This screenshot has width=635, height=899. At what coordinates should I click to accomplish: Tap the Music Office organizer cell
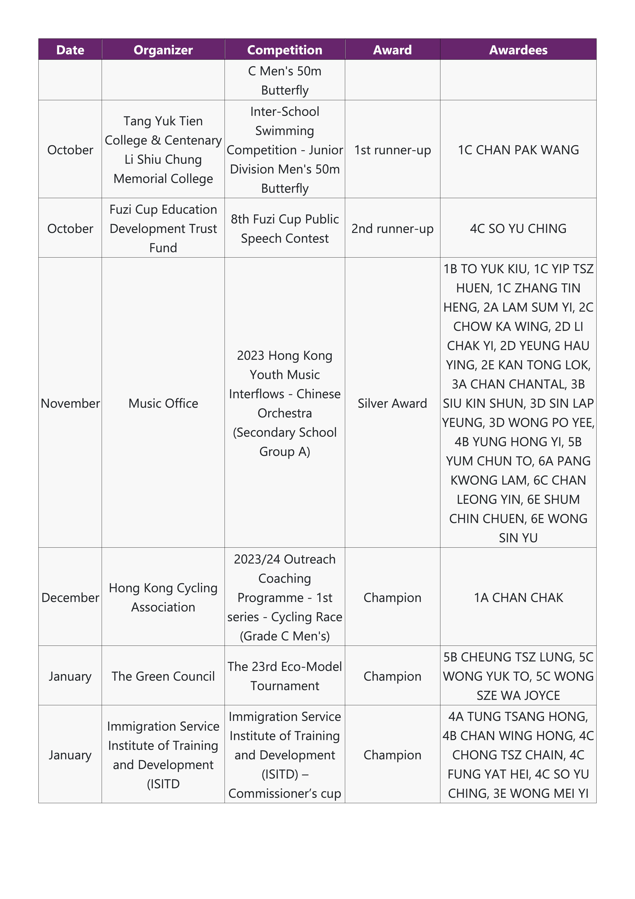[x=163, y=403]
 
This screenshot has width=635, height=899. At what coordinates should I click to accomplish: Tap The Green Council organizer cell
[x=163, y=676]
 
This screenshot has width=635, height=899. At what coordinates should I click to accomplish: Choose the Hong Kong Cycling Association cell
[x=163, y=597]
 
